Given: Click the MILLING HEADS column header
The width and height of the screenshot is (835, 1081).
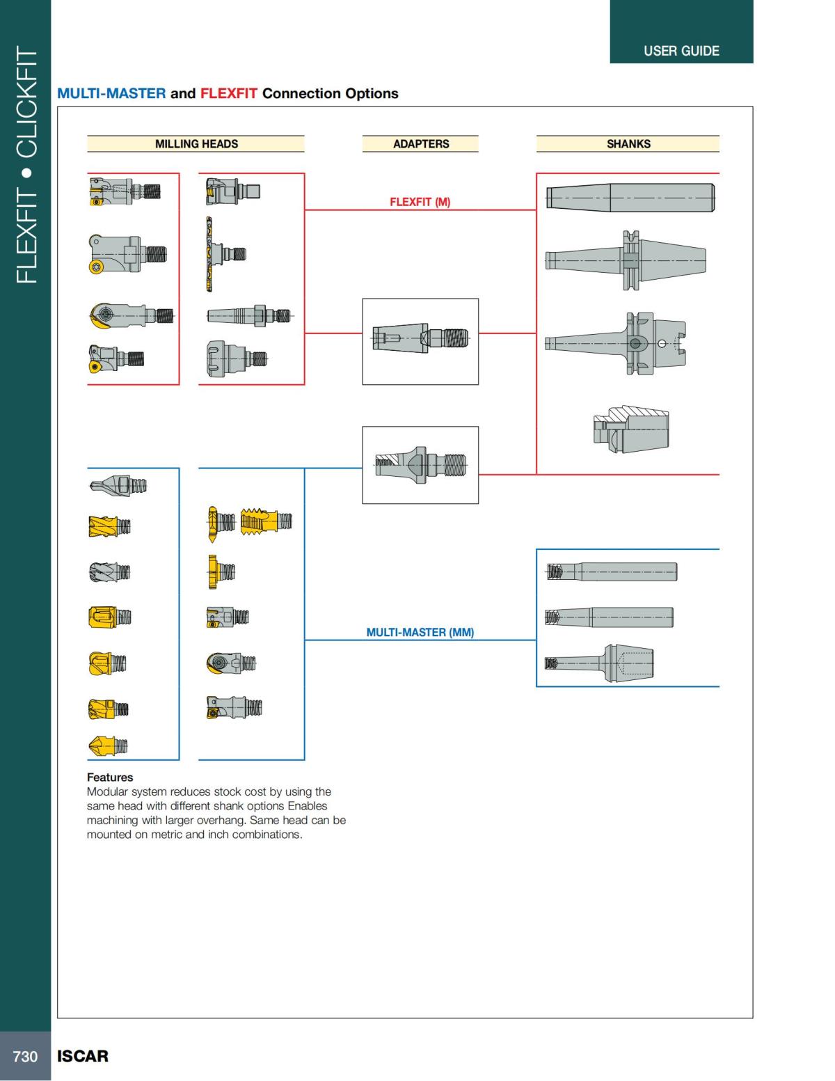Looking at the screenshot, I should pyautogui.click(x=196, y=144).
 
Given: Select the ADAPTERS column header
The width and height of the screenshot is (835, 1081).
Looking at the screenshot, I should pyautogui.click(x=420, y=144).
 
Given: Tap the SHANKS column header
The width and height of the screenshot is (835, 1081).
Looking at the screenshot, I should pyautogui.click(x=628, y=144).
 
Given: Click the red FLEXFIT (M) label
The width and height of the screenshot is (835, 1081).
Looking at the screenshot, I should pyautogui.click(x=420, y=203).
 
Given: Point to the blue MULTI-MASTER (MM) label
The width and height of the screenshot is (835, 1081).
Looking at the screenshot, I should pyautogui.click(x=420, y=633).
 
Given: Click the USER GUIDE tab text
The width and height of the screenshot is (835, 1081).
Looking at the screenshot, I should pyautogui.click(x=681, y=51).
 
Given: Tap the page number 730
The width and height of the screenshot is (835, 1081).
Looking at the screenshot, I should pyautogui.click(x=25, y=1057).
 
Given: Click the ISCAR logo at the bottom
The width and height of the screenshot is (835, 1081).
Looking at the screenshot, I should pyautogui.click(x=83, y=1057).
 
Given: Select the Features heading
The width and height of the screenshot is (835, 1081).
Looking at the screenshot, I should pyautogui.click(x=110, y=778).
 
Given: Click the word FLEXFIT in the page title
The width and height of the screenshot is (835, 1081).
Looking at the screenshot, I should pyautogui.click(x=229, y=93).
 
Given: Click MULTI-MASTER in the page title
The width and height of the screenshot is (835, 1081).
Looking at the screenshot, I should pyautogui.click(x=111, y=93).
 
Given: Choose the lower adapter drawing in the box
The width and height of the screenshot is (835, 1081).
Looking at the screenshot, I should pyautogui.click(x=420, y=464).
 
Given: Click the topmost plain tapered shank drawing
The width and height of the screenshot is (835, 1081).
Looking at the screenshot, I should pyautogui.click(x=630, y=198).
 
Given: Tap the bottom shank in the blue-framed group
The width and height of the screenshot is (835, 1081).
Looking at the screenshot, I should pyautogui.click(x=600, y=663).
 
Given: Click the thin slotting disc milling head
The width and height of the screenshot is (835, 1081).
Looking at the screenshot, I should pyautogui.click(x=207, y=254).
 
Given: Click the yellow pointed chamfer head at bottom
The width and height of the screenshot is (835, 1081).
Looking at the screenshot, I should pyautogui.click(x=108, y=746).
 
